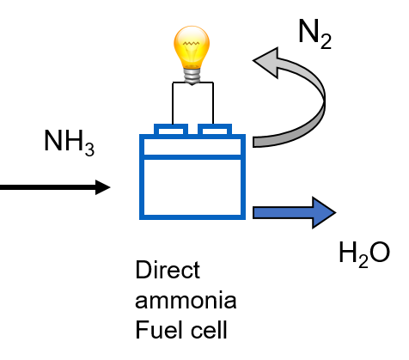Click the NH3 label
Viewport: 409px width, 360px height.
coord(69,143)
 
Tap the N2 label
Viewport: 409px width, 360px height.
coord(314,34)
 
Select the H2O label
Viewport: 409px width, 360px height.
coord(364,253)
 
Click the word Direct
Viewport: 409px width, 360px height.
coord(168,270)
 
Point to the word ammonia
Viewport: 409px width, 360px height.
coord(186,300)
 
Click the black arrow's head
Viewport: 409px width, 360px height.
coord(103,187)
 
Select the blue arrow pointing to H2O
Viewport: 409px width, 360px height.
coord(294,212)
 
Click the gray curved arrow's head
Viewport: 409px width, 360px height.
coord(266,63)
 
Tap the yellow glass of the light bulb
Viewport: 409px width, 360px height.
coord(192,46)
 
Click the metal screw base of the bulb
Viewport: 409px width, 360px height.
coord(192,75)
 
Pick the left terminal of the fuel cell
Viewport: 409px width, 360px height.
coord(171,130)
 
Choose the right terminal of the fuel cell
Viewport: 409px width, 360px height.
coord(215,130)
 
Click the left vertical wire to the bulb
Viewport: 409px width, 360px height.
coord(173,103)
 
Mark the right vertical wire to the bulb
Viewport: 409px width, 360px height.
coord(213,103)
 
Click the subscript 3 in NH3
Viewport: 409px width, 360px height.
coord(89,149)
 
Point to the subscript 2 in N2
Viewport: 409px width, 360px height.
coord(327,42)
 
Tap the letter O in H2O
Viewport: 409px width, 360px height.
coord(380,252)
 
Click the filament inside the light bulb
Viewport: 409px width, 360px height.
coord(192,44)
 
